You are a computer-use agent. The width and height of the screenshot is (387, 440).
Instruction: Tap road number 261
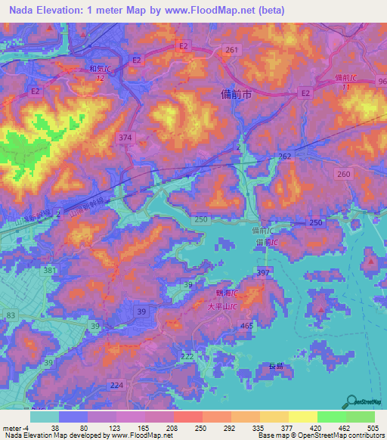click(x=231, y=49)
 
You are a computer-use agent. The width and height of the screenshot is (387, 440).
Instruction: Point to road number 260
click(x=345, y=174)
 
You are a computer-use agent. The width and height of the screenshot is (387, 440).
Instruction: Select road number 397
click(x=263, y=271)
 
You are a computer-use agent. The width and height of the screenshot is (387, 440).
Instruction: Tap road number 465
click(x=246, y=325)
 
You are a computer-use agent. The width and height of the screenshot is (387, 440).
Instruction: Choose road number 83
click(x=11, y=315)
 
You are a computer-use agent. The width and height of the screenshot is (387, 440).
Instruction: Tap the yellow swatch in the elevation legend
click(x=302, y=417)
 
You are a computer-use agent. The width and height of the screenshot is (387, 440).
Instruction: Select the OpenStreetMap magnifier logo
click(x=352, y=401)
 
